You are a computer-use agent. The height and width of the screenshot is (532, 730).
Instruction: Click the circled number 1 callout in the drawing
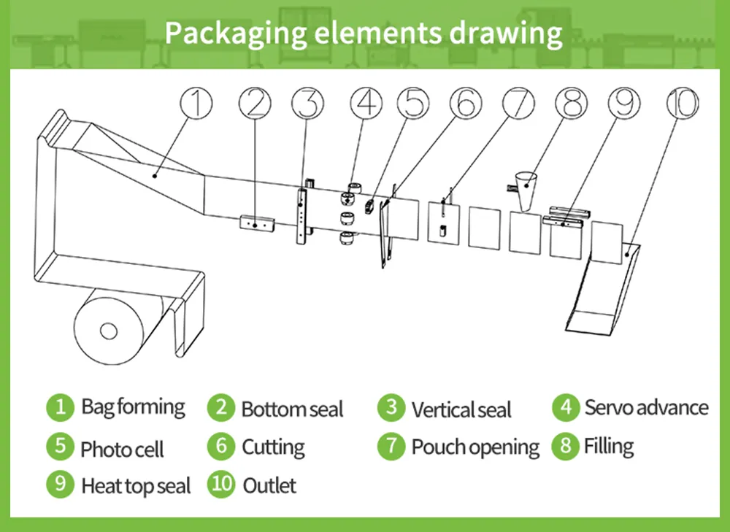click(x=196, y=103)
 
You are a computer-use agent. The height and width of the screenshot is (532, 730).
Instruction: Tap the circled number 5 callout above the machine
click(x=413, y=103)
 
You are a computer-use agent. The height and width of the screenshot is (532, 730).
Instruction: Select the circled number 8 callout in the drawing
click(x=572, y=103)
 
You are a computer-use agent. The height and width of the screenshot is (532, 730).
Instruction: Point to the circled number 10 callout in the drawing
click(x=683, y=103)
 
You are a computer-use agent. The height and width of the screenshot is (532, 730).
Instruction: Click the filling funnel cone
click(x=526, y=190)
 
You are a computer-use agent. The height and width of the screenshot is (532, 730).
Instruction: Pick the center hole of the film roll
click(x=109, y=331)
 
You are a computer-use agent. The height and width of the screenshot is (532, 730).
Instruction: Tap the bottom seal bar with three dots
click(x=257, y=223)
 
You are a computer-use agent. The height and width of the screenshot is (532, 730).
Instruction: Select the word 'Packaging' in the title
click(x=236, y=34)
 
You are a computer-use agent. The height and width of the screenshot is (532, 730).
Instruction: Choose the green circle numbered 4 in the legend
click(x=566, y=407)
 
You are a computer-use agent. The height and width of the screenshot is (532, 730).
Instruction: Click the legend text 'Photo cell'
click(x=122, y=449)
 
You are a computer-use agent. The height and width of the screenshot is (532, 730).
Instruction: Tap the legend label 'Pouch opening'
click(x=475, y=447)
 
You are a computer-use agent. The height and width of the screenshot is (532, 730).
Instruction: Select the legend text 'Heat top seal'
click(x=136, y=486)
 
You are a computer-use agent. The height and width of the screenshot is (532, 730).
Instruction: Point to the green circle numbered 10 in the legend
click(x=221, y=484)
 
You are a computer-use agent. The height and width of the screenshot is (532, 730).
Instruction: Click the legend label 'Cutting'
click(x=274, y=447)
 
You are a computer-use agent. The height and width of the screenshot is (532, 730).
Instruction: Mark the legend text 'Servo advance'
click(x=647, y=407)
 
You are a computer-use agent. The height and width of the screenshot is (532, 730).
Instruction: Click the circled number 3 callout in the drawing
click(x=307, y=103)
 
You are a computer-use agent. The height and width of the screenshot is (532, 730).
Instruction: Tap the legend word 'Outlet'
click(x=269, y=486)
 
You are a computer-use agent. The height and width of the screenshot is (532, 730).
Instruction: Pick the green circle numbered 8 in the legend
click(x=566, y=446)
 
